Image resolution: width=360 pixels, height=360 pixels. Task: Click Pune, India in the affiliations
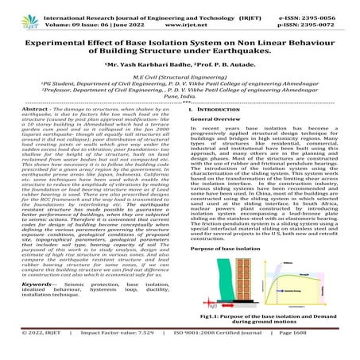tap(180, 114)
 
